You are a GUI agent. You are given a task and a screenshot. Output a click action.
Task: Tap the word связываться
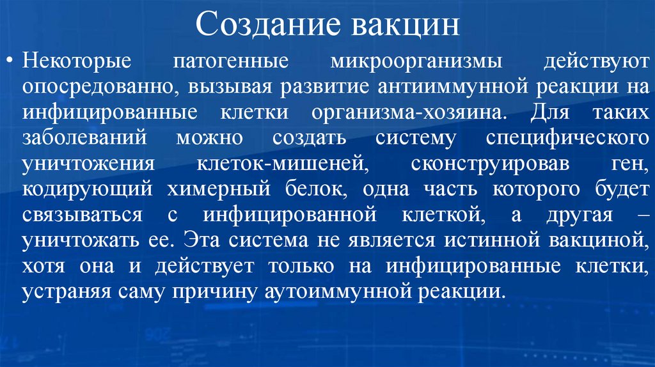[x=81, y=215]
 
